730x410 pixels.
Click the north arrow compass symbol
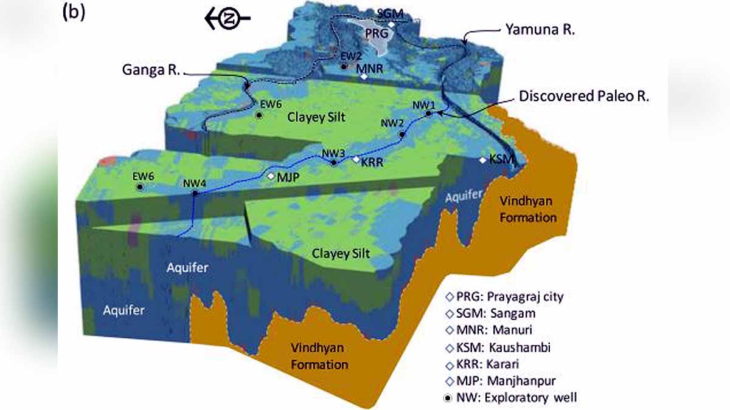pyautogui.click(x=226, y=19)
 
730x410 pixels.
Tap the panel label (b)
pyautogui.click(x=74, y=13)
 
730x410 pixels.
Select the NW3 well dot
pyautogui.click(x=333, y=162)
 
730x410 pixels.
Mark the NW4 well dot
pyautogui.click(x=195, y=194)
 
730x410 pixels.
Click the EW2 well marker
pyautogui.click(x=344, y=66)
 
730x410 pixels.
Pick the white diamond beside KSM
pyautogui.click(x=483, y=160)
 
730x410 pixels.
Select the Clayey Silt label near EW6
pyautogui.click(x=316, y=117)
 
